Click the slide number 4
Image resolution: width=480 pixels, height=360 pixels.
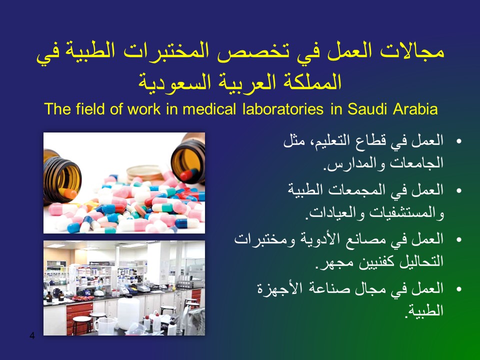click(32, 336)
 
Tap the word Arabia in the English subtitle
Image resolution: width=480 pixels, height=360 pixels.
click(415, 109)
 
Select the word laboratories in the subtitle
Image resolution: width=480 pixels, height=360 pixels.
click(283, 109)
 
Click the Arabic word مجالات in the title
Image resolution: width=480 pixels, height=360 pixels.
click(412, 51)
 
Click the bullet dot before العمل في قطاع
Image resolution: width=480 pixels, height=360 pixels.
click(458, 141)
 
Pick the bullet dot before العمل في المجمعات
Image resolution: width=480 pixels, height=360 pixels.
click(458, 190)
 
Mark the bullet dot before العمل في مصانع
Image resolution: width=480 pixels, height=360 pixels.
click(458, 239)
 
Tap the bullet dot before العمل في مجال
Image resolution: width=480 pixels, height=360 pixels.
click(458, 289)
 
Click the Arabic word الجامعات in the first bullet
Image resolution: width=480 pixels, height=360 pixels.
click(416, 162)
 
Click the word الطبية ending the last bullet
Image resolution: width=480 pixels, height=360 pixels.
click(425, 310)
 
